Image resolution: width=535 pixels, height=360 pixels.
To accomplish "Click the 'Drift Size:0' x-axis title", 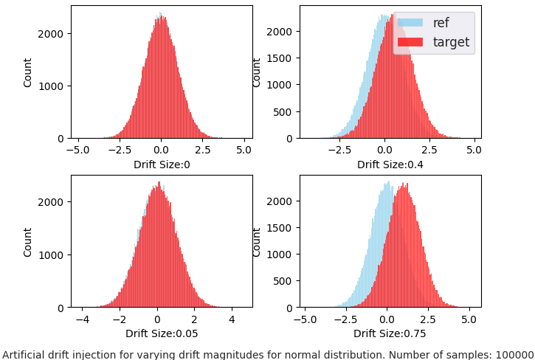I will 162,165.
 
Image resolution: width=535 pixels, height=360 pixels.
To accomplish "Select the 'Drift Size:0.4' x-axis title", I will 390,165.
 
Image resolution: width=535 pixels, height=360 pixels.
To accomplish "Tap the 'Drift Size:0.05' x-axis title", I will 162,333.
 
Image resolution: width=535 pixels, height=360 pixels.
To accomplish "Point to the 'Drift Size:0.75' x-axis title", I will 390,333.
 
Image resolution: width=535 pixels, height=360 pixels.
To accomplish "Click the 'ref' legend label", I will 441,23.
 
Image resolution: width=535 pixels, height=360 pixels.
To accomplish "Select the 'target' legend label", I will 451,42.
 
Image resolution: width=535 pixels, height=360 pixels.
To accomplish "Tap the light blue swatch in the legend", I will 410,23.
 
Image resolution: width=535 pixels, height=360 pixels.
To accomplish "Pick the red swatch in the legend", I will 410,42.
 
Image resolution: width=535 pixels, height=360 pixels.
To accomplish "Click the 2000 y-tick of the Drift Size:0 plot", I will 53,33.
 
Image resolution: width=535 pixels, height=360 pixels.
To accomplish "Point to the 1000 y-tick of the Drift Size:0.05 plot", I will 53,255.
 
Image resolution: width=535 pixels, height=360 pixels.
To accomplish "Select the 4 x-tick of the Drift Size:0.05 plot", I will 232,320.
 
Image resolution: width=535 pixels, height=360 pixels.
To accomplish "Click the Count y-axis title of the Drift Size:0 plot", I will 28,72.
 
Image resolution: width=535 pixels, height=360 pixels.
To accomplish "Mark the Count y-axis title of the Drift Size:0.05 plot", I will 28,242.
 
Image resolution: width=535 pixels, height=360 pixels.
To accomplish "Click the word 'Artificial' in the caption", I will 24,355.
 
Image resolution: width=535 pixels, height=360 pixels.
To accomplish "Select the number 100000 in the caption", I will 515,355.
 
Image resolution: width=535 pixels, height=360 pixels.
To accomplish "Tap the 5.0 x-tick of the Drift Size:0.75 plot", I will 468,320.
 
